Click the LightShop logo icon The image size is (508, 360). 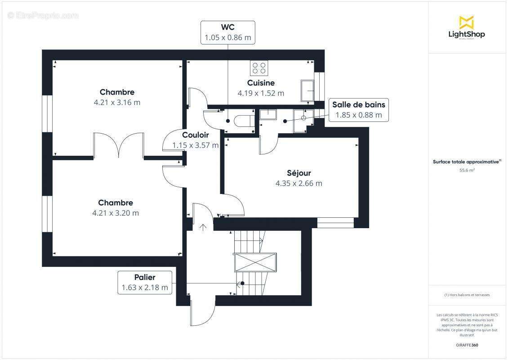point(466,22)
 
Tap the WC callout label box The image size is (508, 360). point(227,32)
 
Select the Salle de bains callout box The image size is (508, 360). point(358,110)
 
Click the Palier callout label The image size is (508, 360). point(145,283)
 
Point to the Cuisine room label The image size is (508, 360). point(261,83)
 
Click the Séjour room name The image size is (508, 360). point(299,173)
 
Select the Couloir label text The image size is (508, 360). point(195,135)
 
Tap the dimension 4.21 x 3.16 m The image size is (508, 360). point(117,102)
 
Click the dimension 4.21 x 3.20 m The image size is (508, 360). point(116,213)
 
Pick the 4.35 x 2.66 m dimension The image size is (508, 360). point(299,183)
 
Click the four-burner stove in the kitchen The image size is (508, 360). point(259,68)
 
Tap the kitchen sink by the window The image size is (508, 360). point(308,90)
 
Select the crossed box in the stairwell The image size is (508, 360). point(255,262)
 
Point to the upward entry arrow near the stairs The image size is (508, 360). point(203,227)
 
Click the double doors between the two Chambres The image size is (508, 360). point(119,145)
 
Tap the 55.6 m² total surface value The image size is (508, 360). point(467,170)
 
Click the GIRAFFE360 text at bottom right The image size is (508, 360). point(467,345)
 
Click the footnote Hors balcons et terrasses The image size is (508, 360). point(467,295)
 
